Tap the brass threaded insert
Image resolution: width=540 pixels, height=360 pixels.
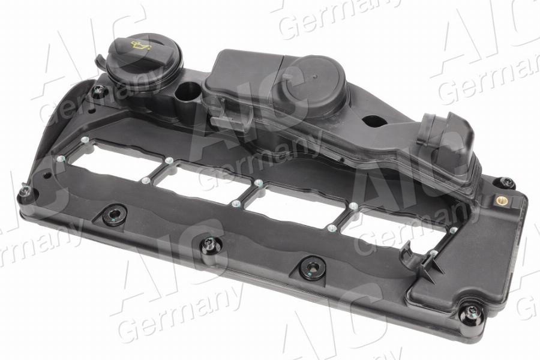502,200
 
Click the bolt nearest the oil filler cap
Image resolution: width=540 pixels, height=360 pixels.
98,91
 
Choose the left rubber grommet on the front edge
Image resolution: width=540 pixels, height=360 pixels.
115,214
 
